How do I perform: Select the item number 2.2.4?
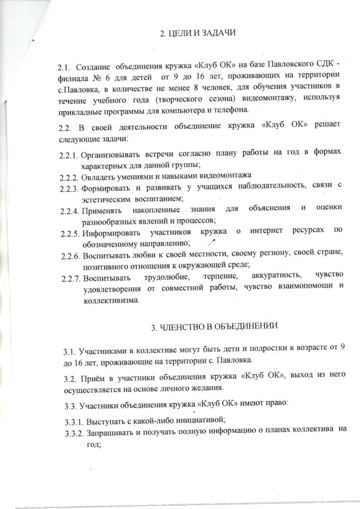(68, 210)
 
